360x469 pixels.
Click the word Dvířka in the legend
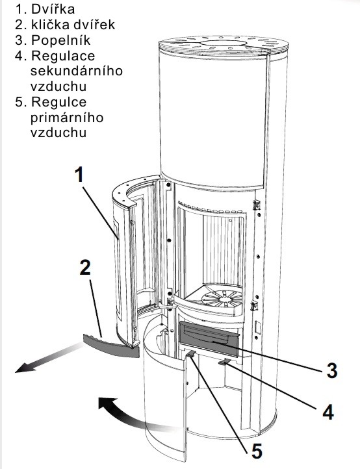pos(53,9)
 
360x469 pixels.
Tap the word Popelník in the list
pos(60,40)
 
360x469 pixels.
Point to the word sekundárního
pos(77,71)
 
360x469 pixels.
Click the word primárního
pos(67,118)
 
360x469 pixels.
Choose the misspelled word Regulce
pos(58,102)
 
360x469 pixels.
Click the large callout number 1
pos(79,175)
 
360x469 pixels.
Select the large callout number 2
pos(85,268)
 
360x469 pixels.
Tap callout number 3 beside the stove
pos(331,370)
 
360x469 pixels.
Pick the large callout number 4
pos(328,412)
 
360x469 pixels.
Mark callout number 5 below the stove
pos(257,451)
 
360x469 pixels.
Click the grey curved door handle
pos(110,346)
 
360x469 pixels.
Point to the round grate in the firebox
pos(222,299)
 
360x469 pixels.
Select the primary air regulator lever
pos(191,354)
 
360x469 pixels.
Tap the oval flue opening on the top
pos(224,44)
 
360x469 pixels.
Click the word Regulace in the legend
pos(63,56)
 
